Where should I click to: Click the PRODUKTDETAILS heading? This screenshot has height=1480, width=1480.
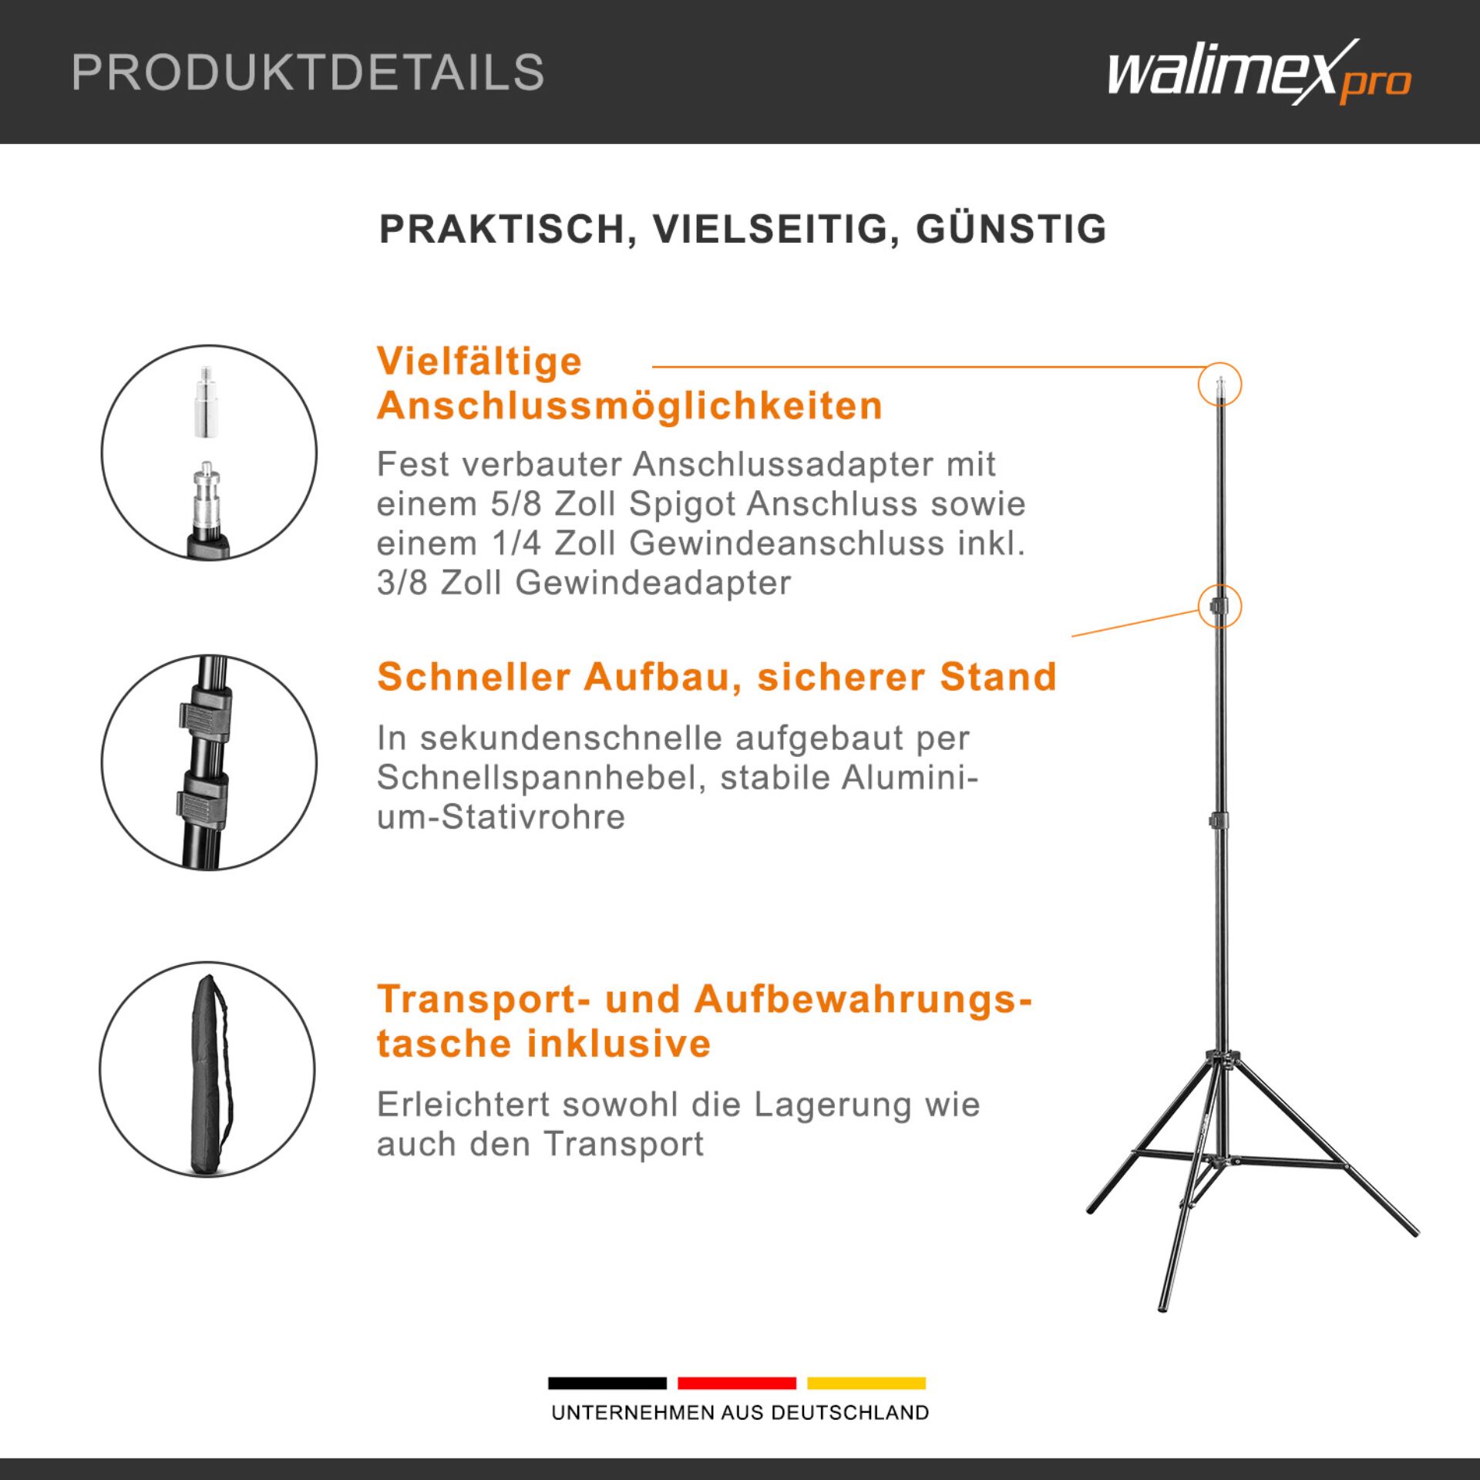(308, 73)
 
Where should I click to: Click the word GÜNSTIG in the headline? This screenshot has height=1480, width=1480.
(1011, 230)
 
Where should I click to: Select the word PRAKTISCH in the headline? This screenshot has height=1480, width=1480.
(502, 230)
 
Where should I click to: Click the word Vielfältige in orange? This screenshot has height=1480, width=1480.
(479, 362)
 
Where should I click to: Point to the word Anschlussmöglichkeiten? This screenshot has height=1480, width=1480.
(629, 406)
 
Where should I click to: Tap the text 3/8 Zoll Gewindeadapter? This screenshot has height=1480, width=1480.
(584, 583)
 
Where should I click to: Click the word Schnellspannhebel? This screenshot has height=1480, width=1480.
(536, 777)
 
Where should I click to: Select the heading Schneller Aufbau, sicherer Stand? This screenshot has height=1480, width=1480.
(716, 677)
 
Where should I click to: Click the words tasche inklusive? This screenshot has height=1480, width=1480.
(543, 1044)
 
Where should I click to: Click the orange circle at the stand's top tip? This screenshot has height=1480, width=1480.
(1219, 384)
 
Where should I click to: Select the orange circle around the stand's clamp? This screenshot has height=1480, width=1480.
(1219, 607)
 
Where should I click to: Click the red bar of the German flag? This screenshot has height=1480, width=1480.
(736, 1384)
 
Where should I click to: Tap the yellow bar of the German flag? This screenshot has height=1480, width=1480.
(866, 1384)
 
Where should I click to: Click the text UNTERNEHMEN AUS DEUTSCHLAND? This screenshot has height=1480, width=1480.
(740, 1413)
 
